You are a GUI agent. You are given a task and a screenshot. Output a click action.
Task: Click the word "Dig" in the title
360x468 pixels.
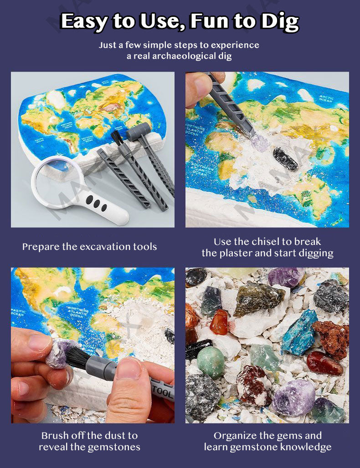[x=273, y=21]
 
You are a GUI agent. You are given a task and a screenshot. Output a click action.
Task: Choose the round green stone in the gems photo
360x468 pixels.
[x=211, y=362]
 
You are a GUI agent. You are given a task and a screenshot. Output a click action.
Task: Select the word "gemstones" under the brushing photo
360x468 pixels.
[x=112, y=447]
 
